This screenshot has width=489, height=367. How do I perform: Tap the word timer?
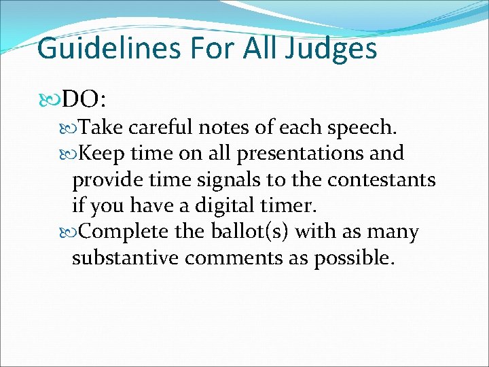(285, 206)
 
